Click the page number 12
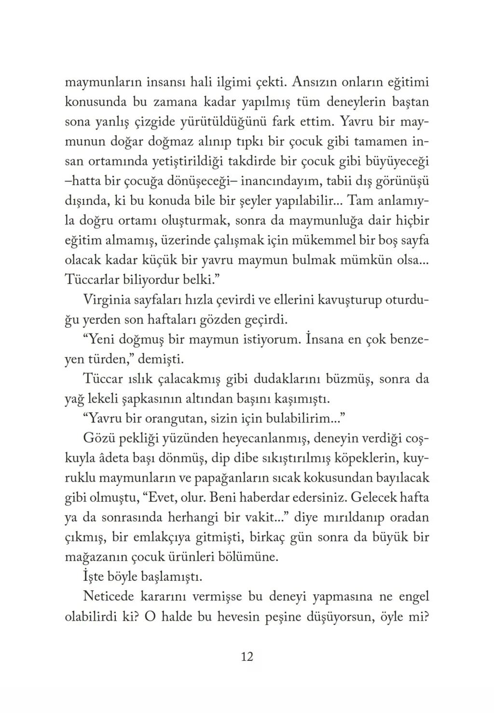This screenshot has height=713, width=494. (247, 657)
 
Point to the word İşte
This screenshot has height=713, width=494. (94, 577)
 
